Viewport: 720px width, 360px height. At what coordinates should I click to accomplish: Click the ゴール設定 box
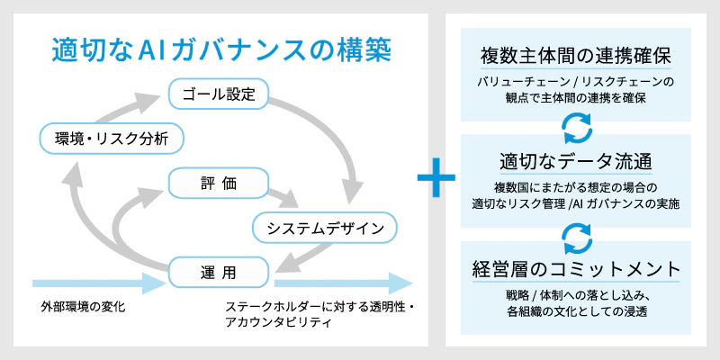tap(218, 94)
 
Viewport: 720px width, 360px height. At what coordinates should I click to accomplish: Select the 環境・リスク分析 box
tap(112, 138)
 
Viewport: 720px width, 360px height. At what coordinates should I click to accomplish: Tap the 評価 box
tap(218, 183)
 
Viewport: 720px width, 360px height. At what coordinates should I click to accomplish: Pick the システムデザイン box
tap(325, 228)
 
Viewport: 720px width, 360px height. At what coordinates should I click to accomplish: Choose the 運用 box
tap(218, 273)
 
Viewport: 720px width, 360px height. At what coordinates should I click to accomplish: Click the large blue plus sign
tap(436, 177)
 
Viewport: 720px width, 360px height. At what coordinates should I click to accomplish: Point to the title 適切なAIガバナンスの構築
tap(221, 51)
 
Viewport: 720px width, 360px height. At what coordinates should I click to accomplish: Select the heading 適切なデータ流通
tap(576, 163)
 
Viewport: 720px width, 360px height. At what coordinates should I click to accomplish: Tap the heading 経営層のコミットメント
tap(576, 269)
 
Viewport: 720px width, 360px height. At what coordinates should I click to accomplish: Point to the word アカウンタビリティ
tap(278, 323)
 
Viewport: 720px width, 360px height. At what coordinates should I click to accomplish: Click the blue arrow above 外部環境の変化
tap(98, 283)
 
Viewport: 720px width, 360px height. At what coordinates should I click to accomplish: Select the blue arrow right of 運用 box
tap(343, 283)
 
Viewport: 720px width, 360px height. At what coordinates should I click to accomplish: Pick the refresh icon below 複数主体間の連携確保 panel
tap(578, 128)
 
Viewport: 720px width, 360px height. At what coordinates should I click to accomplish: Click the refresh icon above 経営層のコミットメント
tap(578, 238)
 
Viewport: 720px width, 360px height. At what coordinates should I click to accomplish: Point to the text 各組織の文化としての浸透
tap(576, 310)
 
